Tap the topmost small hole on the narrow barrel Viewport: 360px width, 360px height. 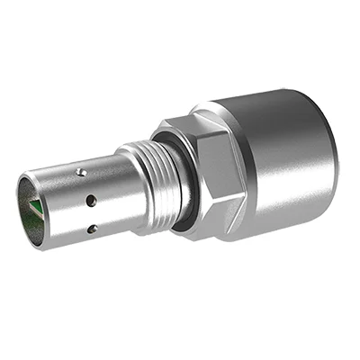click(81, 172)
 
